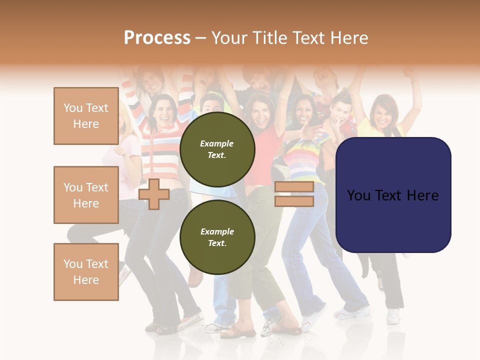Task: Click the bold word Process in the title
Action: pyautogui.click(x=157, y=38)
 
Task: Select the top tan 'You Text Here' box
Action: pyautogui.click(x=86, y=116)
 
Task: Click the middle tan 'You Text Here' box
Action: pyautogui.click(x=86, y=195)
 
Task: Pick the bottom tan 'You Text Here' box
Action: pyautogui.click(x=86, y=272)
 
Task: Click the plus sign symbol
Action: pyautogui.click(x=154, y=194)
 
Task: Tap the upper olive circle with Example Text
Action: pyautogui.click(x=217, y=149)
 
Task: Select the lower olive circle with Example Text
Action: pyautogui.click(x=217, y=237)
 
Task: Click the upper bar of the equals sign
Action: pyautogui.click(x=294, y=187)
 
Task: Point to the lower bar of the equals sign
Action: pyautogui.click(x=294, y=201)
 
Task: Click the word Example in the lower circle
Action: pyautogui.click(x=217, y=231)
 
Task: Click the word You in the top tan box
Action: pyautogui.click(x=73, y=108)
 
